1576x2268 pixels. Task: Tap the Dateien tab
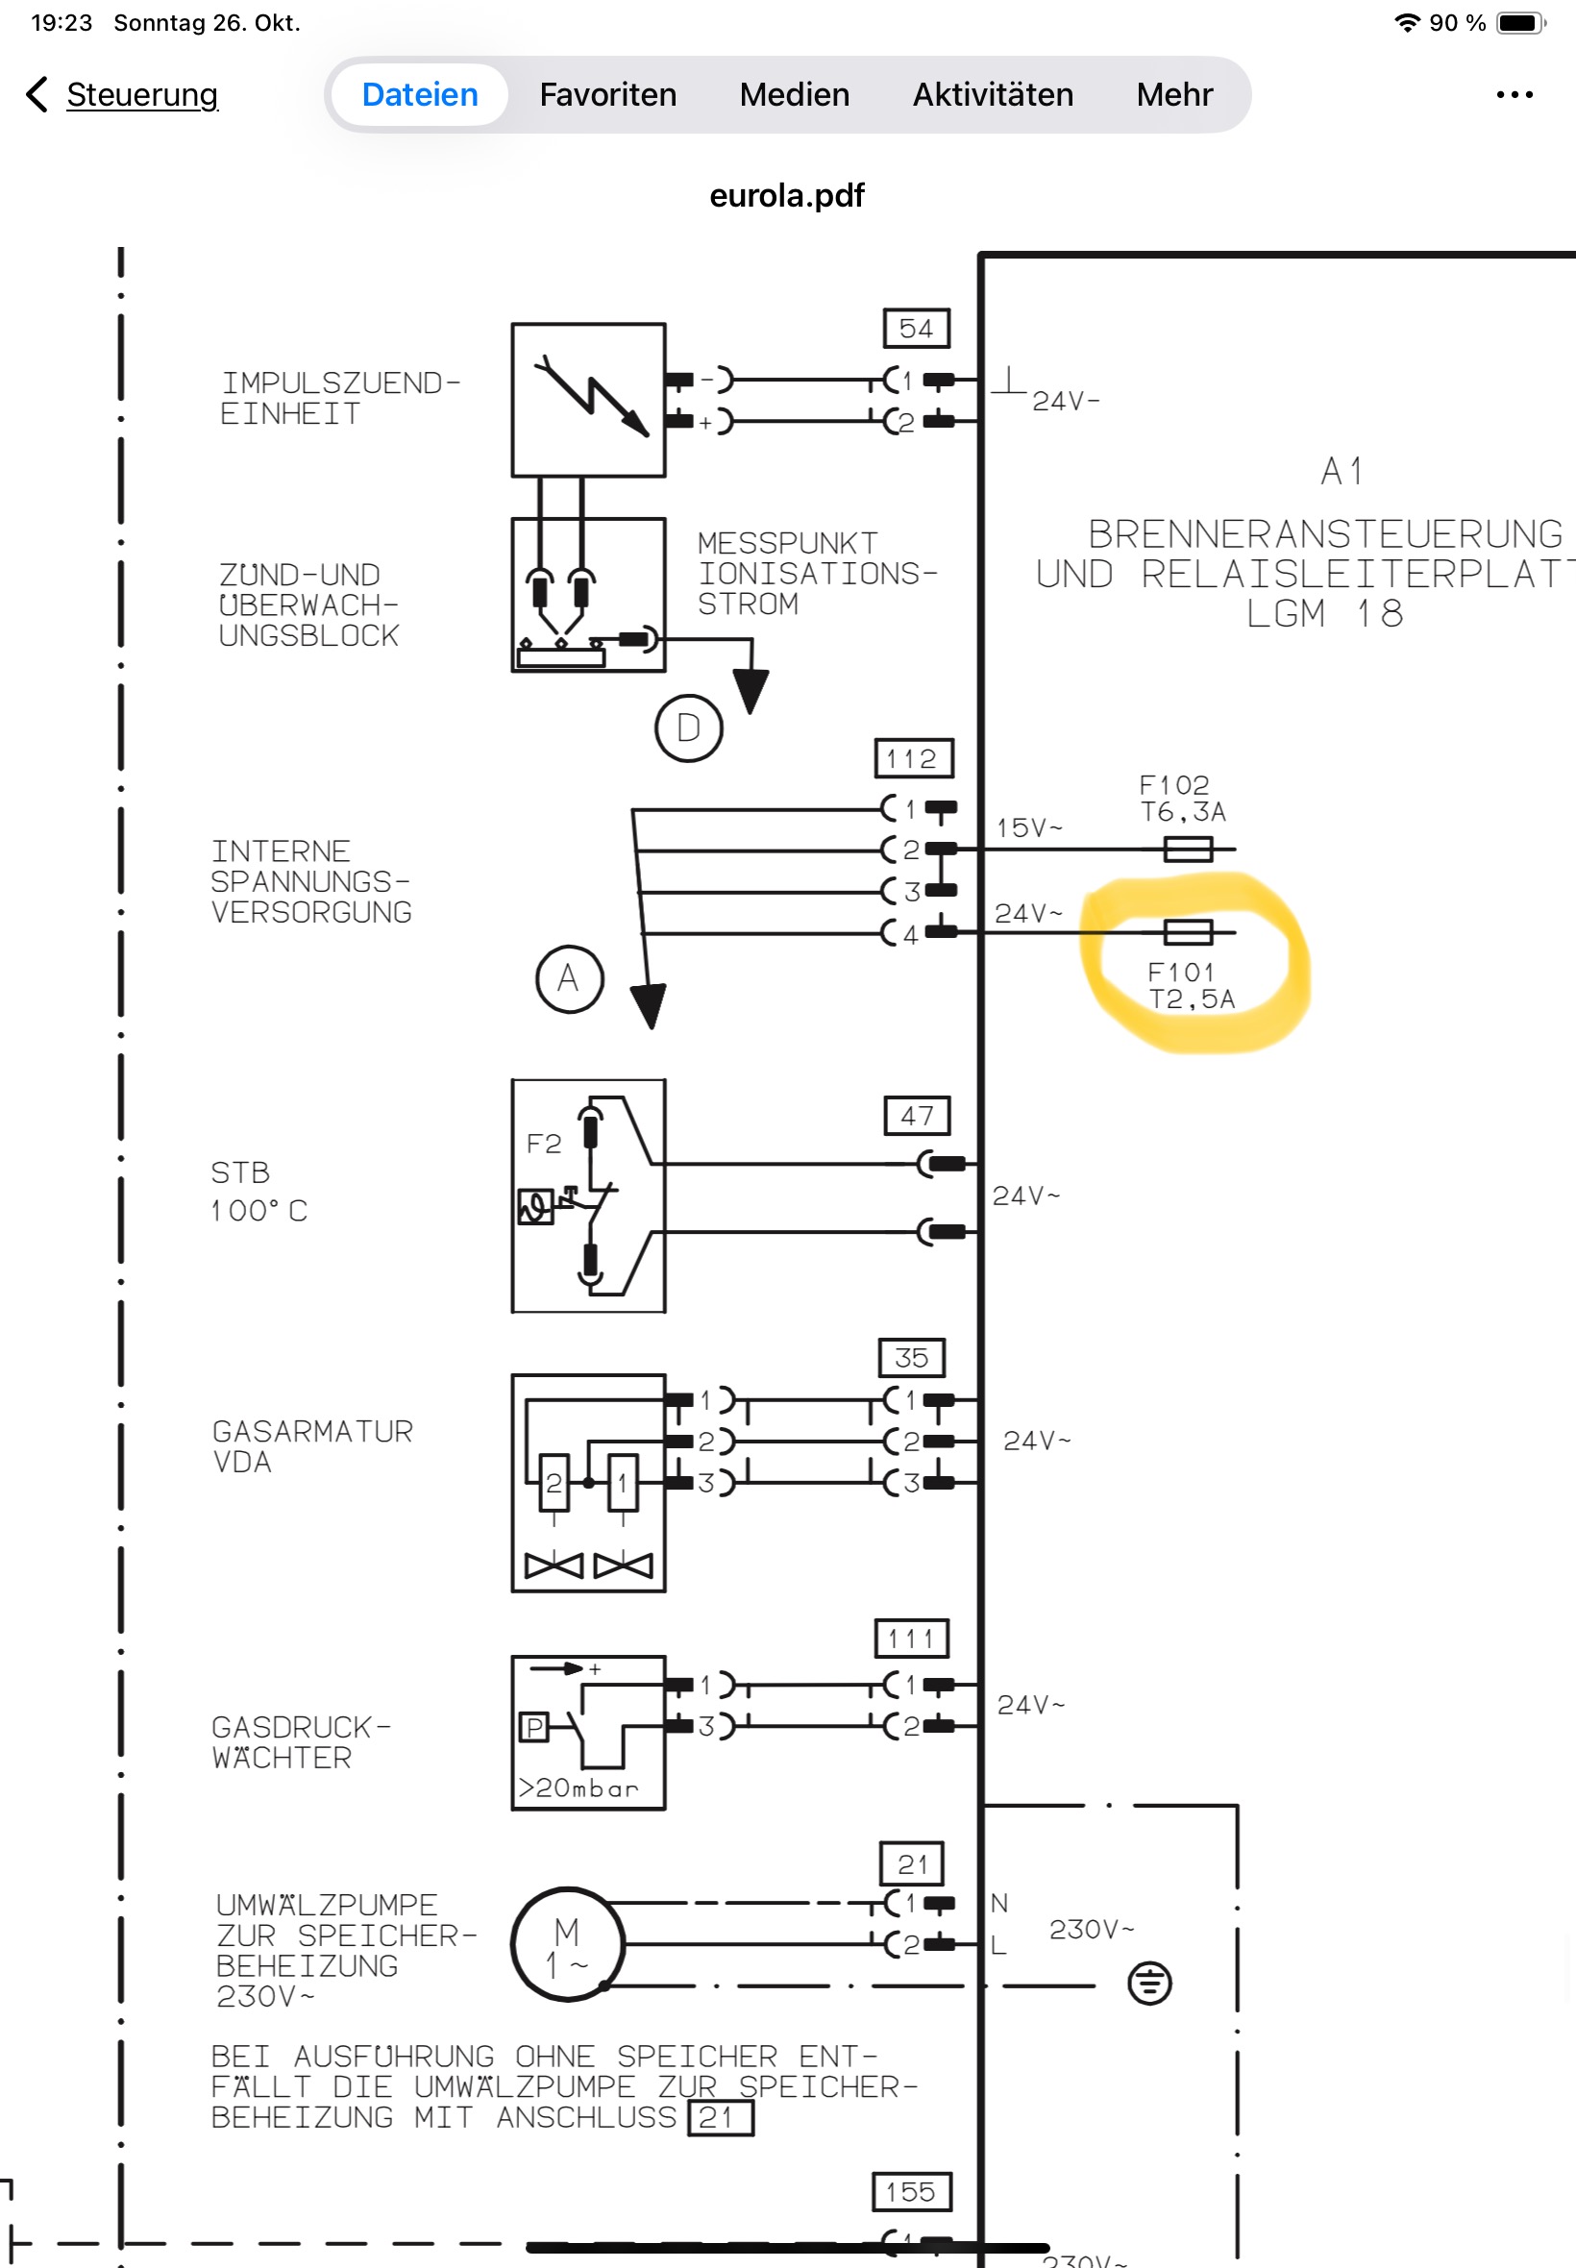(420, 95)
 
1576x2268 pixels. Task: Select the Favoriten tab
(608, 95)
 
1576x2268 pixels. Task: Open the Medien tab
(795, 95)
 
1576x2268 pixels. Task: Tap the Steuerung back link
(141, 95)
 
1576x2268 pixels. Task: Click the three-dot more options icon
(1514, 95)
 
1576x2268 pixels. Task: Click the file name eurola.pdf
(787, 195)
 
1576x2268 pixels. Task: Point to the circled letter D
(688, 728)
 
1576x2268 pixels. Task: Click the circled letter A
(570, 979)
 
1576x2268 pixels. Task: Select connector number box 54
(917, 329)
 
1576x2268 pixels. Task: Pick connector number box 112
(915, 758)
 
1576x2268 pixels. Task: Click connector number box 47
(918, 1116)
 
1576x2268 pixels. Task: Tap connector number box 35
(911, 1358)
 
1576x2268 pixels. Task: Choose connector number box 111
(911, 1639)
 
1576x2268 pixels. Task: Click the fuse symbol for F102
(1188, 850)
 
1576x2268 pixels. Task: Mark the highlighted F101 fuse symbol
(1188, 932)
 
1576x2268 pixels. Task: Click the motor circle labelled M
(568, 1945)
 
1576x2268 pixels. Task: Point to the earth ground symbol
(1149, 1984)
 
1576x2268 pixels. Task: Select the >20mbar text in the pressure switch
(579, 1788)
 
